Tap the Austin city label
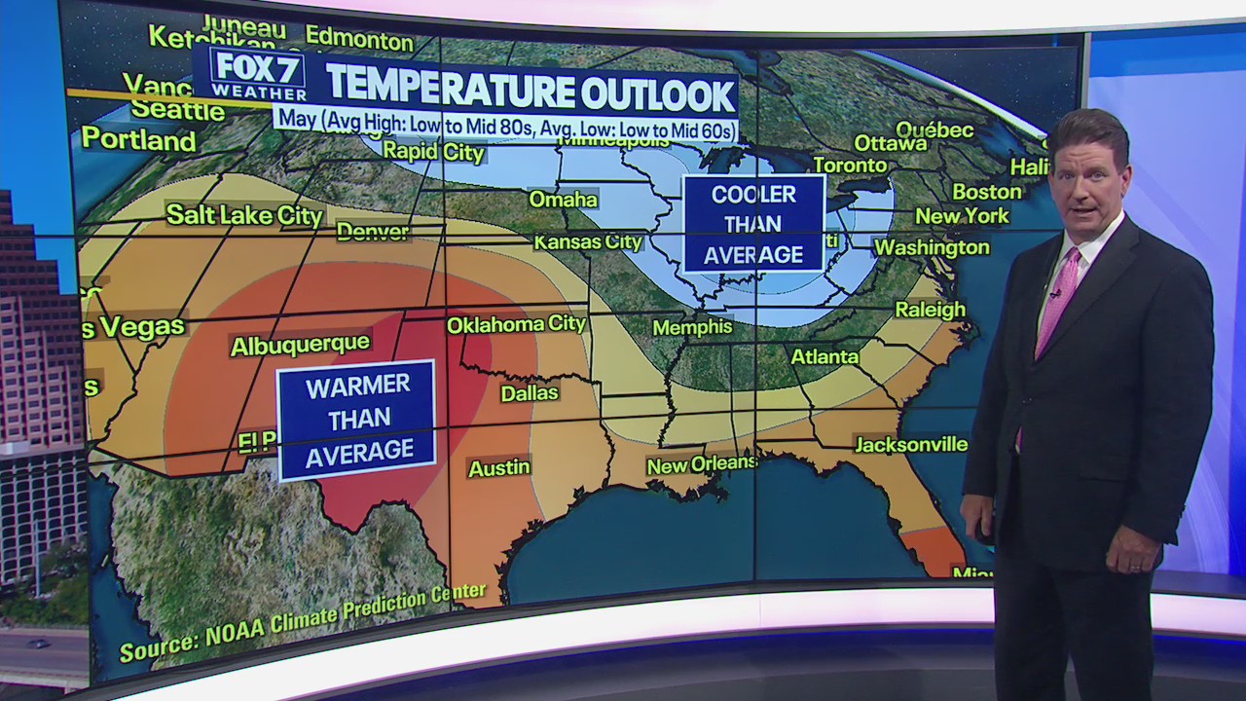point(499,468)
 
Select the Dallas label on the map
point(530,393)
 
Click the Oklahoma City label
point(516,324)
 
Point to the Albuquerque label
point(300,345)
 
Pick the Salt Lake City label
point(244,215)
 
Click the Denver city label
point(372,232)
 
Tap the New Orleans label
point(702,464)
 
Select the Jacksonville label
point(911,445)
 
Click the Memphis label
point(692,327)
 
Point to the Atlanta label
point(825,356)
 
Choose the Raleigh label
point(930,310)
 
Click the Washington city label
point(932,247)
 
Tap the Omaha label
point(563,200)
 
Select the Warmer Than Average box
point(356,420)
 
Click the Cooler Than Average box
point(753,224)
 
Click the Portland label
point(138,140)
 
